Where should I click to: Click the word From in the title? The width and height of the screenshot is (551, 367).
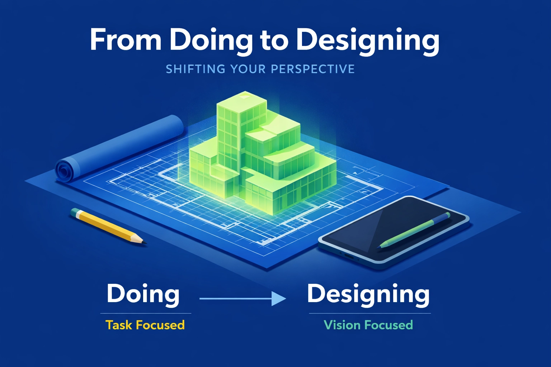(126, 40)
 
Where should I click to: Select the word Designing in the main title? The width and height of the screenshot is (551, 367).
(368, 40)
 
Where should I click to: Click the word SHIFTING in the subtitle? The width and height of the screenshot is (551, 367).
(196, 69)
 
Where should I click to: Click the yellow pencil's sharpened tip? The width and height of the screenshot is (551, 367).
(144, 243)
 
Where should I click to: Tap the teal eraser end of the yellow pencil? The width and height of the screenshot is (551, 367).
(75, 212)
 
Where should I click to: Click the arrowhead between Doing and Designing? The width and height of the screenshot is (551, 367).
(278, 298)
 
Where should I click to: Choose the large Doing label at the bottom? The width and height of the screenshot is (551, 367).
(143, 294)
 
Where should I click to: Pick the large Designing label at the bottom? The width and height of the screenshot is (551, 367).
(368, 294)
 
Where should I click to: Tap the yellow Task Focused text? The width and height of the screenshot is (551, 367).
(145, 325)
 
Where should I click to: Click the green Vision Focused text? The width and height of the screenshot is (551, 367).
(368, 325)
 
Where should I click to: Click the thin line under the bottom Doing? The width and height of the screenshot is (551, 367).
(146, 314)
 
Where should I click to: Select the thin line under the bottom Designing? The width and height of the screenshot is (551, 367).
(369, 314)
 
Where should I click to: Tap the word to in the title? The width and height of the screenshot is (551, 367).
(274, 40)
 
